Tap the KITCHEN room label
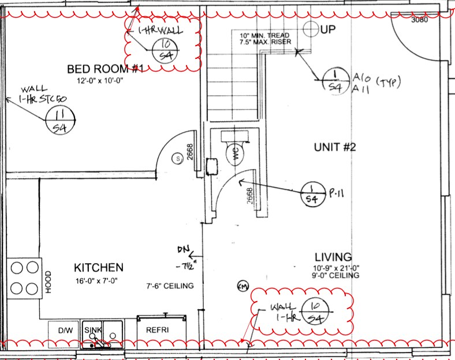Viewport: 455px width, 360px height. (99, 268)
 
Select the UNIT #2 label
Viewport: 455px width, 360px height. (335, 147)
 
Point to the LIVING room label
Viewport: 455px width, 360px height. (333, 257)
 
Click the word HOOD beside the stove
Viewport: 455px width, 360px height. (49, 283)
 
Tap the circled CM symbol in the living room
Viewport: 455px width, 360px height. (243, 286)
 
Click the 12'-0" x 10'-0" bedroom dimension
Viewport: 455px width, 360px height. (99, 81)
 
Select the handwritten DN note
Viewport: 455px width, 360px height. (184, 250)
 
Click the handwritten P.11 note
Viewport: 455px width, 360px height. (337, 192)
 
